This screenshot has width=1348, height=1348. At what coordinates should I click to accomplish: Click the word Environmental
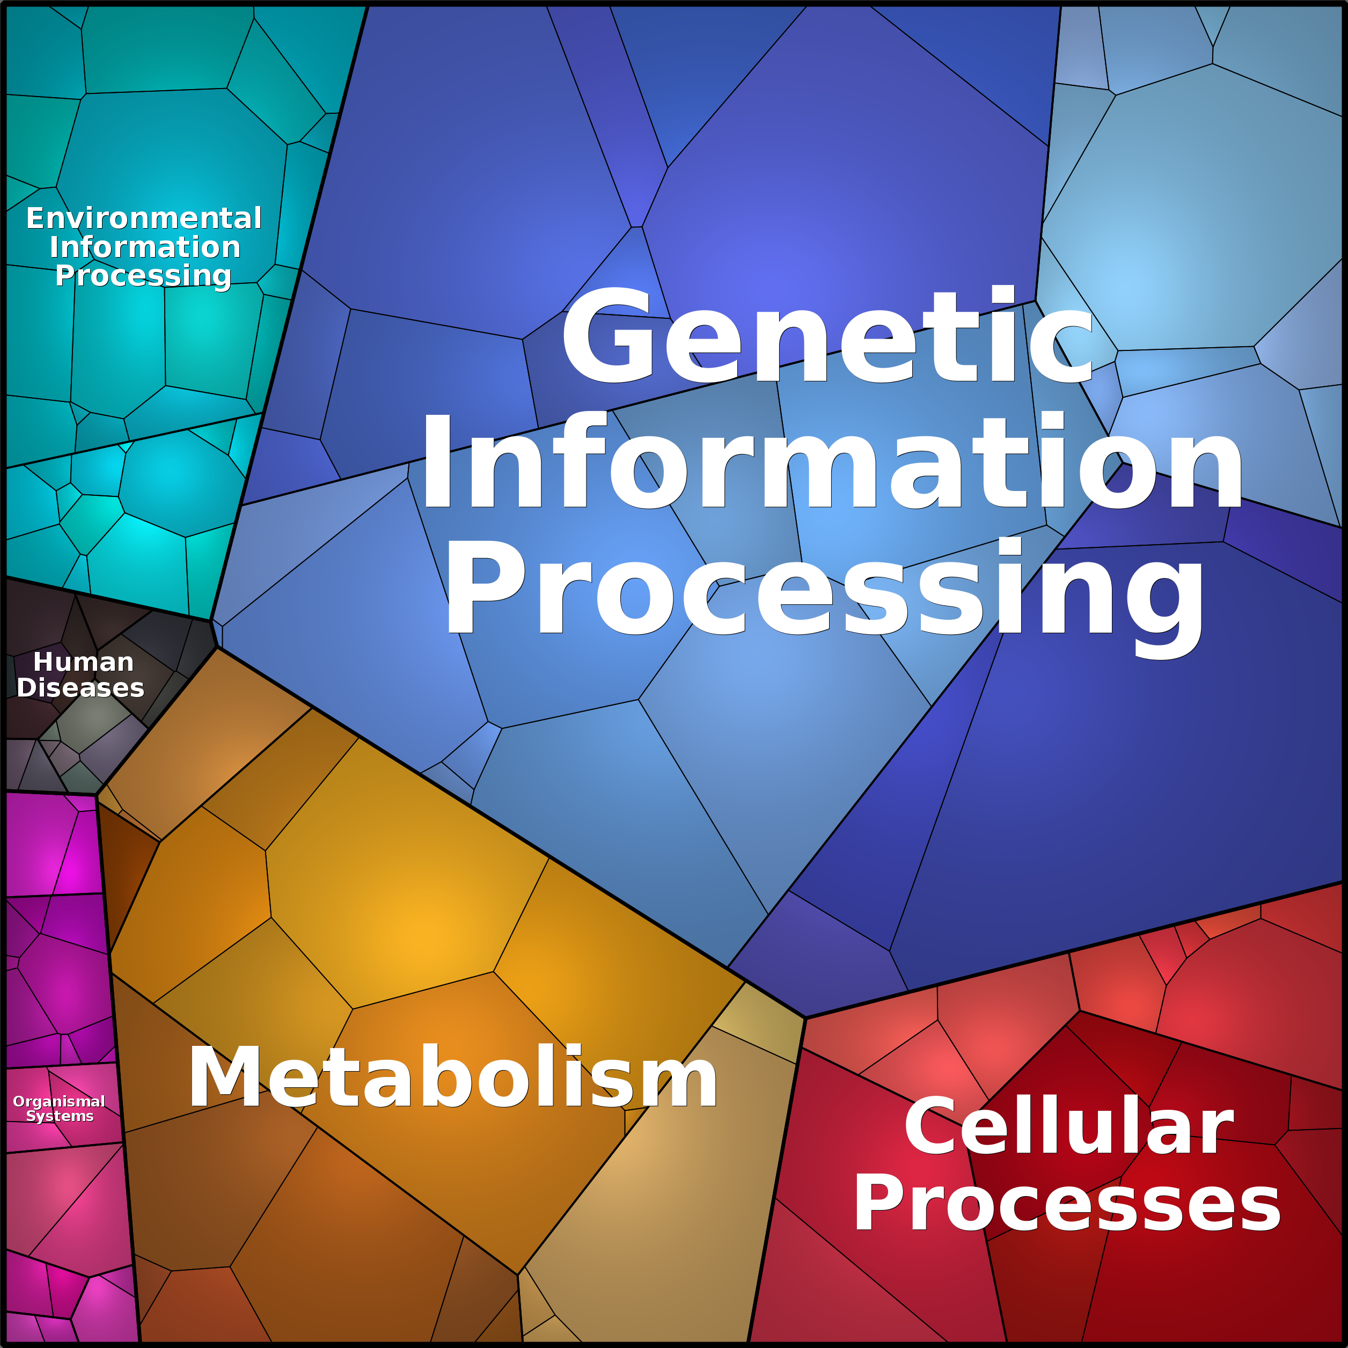click(144, 218)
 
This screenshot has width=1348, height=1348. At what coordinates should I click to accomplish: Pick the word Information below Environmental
click(145, 247)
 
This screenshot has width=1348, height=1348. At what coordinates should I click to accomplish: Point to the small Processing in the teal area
click(143, 276)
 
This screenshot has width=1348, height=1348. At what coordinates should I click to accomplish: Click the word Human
click(83, 662)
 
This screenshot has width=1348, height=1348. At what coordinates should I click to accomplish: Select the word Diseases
click(80, 688)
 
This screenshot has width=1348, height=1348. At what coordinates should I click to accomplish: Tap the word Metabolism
click(452, 1075)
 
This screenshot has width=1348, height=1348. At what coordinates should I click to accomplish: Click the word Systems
click(60, 1116)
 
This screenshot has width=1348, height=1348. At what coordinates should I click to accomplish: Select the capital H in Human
click(42, 662)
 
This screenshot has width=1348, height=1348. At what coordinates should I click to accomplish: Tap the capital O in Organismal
click(19, 1101)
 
